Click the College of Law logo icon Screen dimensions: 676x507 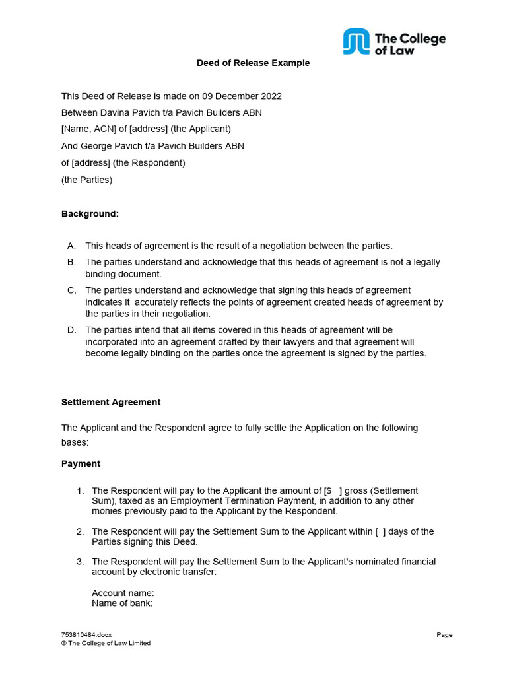pyautogui.click(x=356, y=42)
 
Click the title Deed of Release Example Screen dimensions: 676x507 pyautogui.click(x=253, y=63)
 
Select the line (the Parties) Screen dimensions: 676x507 pyautogui.click(x=86, y=180)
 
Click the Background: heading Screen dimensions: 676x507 pyautogui.click(x=90, y=214)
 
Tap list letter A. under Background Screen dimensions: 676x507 pyautogui.click(x=71, y=246)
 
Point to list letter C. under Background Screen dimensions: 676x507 pyautogui.click(x=71, y=290)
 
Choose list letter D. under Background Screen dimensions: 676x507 pyautogui.click(x=71, y=330)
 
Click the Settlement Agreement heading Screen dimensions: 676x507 pyautogui.click(x=111, y=402)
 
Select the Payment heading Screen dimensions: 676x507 pyautogui.click(x=81, y=464)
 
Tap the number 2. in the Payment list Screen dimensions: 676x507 pyautogui.click(x=80, y=532)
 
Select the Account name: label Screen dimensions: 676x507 pyautogui.click(x=123, y=593)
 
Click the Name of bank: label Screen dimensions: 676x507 pyautogui.click(x=122, y=603)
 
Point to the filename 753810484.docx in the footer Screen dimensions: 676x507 pyautogui.click(x=86, y=635)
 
